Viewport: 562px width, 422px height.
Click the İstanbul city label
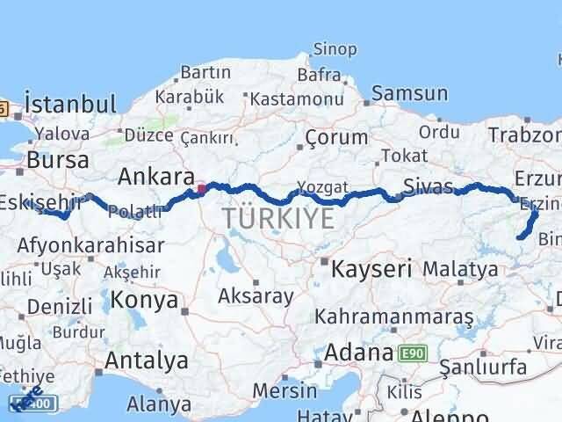tap(70, 105)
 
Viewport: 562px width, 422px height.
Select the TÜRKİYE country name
tap(277, 217)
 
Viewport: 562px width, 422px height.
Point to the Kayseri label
tap(371, 268)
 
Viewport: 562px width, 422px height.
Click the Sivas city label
tap(429, 186)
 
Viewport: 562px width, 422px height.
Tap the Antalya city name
tap(146, 360)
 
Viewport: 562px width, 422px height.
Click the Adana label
tap(357, 353)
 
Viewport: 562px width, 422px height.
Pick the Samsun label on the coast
tap(409, 93)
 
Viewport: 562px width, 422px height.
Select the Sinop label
tap(335, 48)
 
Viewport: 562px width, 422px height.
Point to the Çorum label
tap(336, 137)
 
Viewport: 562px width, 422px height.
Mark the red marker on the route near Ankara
tap(201, 187)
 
